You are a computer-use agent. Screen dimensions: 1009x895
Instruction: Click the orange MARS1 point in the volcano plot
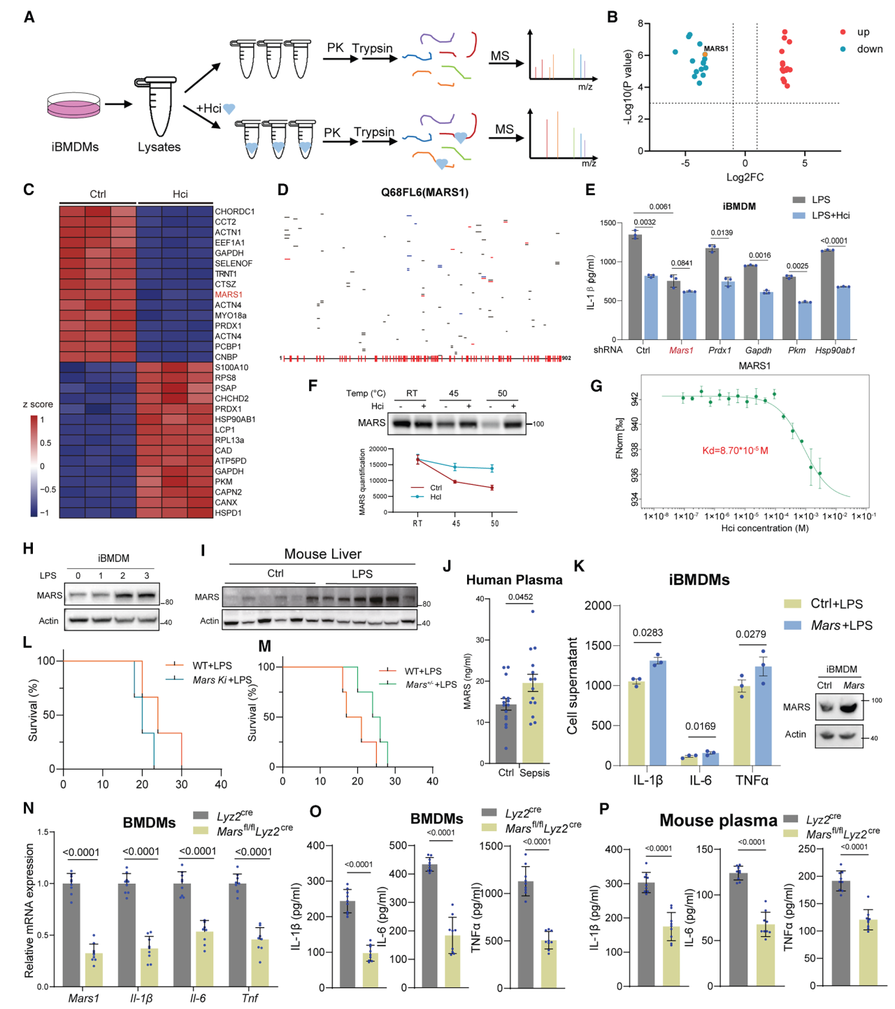pyautogui.click(x=705, y=55)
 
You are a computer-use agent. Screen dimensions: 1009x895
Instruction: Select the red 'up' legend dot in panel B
pyautogui.click(x=843, y=32)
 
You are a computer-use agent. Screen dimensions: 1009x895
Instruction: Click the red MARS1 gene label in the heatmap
pyautogui.click(x=229, y=295)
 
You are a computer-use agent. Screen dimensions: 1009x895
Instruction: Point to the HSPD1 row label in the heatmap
pyautogui.click(x=228, y=513)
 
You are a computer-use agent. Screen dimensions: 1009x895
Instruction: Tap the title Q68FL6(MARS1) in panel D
pyautogui.click(x=424, y=192)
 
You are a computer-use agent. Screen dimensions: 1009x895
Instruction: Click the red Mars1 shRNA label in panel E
pyautogui.click(x=681, y=351)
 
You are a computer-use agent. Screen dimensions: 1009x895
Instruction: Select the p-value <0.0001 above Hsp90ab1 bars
pyautogui.click(x=833, y=241)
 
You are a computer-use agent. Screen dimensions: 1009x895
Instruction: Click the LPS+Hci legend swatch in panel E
pyautogui.click(x=799, y=216)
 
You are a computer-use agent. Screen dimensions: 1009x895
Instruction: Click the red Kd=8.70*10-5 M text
pyautogui.click(x=735, y=451)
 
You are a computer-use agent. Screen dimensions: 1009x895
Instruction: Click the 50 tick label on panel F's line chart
pyautogui.click(x=494, y=523)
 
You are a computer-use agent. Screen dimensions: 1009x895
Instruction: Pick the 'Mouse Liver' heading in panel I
pyautogui.click(x=322, y=554)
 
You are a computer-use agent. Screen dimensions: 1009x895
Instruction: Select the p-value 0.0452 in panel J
pyautogui.click(x=520, y=597)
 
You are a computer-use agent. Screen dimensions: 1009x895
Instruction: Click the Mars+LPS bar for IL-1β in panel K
pyautogui.click(x=658, y=712)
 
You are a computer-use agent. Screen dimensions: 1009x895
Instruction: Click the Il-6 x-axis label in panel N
pyautogui.click(x=198, y=998)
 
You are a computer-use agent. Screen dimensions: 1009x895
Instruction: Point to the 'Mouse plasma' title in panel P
pyautogui.click(x=718, y=820)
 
